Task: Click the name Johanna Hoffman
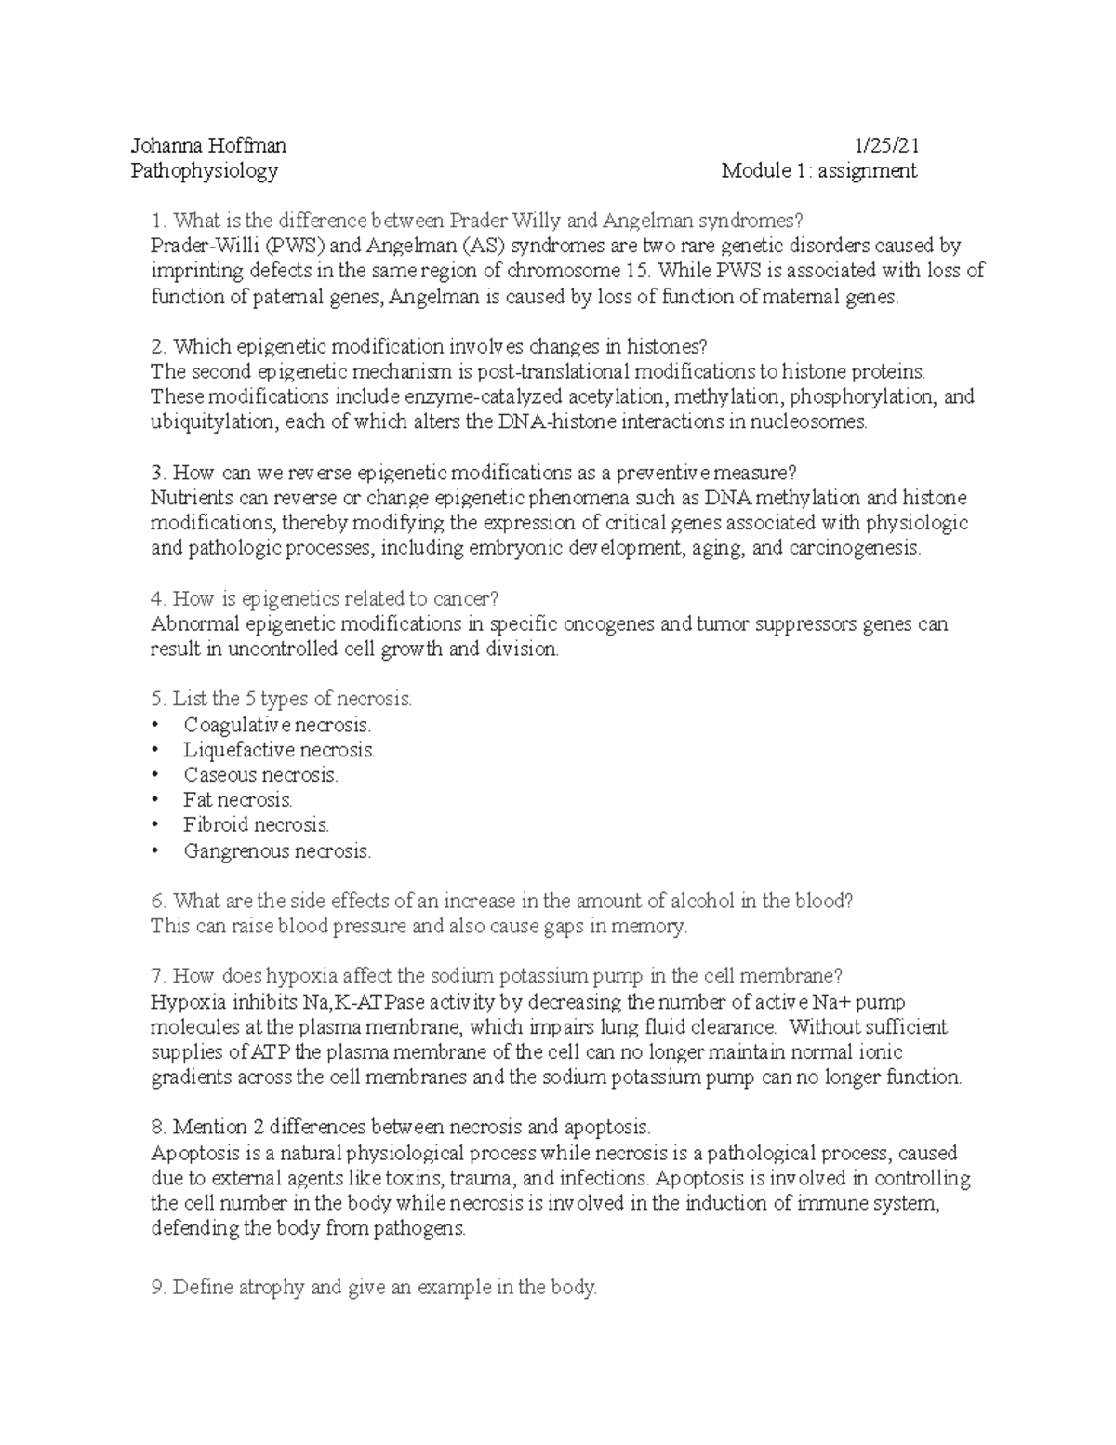point(208,145)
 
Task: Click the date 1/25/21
point(887,145)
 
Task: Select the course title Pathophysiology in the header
point(205,170)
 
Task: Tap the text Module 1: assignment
point(819,170)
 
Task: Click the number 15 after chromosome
point(637,271)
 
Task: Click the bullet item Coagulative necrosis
point(277,725)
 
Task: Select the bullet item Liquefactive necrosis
point(279,750)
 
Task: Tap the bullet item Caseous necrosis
point(260,775)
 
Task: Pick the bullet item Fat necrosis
point(238,800)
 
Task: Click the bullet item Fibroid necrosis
point(257,825)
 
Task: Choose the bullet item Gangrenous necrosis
point(277,850)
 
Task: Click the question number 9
point(156,1288)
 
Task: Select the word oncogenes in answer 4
point(610,623)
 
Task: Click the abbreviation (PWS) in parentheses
point(293,246)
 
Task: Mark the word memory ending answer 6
point(655,927)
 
